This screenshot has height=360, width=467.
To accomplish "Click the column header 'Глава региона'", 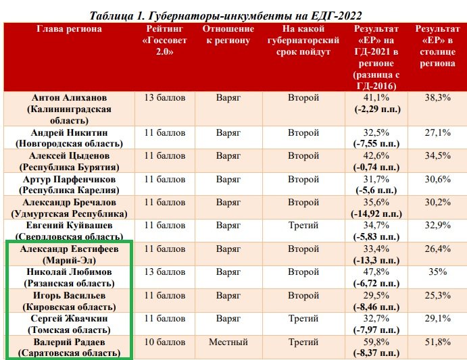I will click(69, 29).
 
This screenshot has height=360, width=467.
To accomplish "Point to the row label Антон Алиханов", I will click(69, 98).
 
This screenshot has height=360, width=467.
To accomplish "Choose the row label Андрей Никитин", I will click(69, 132).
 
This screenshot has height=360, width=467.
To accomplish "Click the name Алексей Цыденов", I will click(69, 156).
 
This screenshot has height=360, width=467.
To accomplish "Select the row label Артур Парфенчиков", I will click(69, 179).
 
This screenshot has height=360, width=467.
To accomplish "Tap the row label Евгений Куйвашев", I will click(69, 225).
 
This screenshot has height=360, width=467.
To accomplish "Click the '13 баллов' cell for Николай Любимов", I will click(165, 272).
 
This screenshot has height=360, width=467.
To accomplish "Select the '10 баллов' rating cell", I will click(165, 342).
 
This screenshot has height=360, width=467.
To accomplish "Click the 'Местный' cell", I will click(228, 342).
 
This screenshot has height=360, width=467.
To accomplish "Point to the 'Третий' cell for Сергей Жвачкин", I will click(303, 318).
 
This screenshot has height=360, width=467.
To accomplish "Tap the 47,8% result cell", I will click(376, 272).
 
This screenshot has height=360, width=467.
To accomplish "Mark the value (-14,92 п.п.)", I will click(376, 213).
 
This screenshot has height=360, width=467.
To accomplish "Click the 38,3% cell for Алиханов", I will click(438, 98).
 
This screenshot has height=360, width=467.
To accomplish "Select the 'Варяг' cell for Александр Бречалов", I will click(228, 202).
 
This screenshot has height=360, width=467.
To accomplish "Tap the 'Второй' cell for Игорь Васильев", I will click(303, 295).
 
